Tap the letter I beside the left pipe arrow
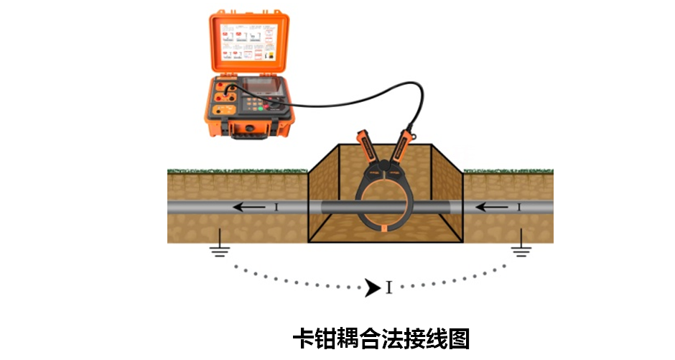(x=276, y=208)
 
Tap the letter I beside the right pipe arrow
(x=518, y=208)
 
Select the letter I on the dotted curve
(x=388, y=289)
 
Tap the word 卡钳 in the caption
(x=314, y=338)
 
